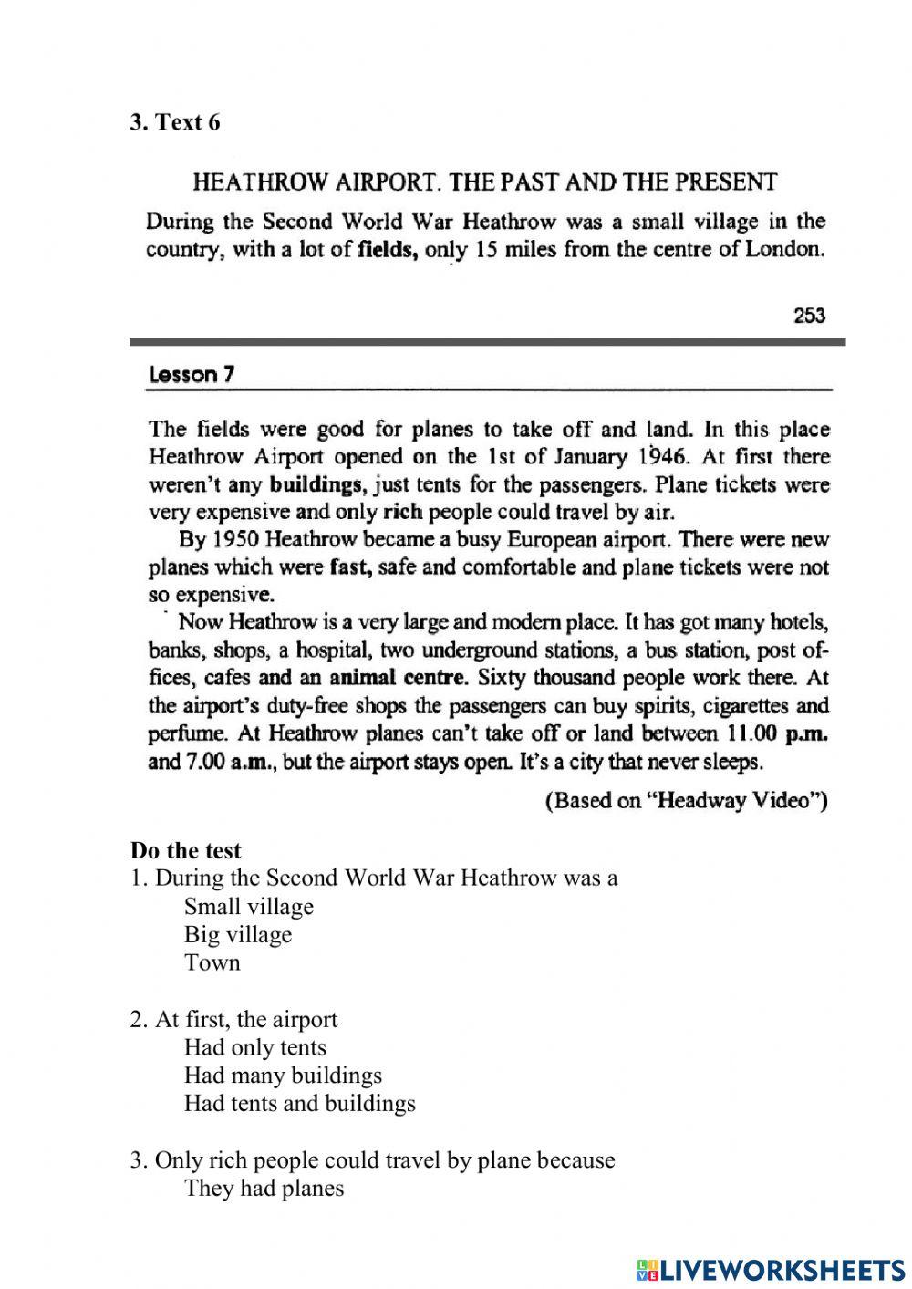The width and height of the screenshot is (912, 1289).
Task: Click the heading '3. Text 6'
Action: (x=175, y=122)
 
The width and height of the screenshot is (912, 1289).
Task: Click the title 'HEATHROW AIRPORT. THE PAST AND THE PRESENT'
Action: (x=484, y=182)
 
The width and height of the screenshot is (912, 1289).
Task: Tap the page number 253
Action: (x=808, y=316)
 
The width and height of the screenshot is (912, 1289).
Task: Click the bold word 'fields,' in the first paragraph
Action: (x=388, y=250)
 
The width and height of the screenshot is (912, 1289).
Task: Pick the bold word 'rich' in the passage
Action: (x=402, y=512)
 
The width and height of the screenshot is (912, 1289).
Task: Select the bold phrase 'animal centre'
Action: (x=397, y=678)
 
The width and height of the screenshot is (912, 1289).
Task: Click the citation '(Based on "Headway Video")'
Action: (x=685, y=801)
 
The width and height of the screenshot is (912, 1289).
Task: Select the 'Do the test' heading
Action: (x=186, y=850)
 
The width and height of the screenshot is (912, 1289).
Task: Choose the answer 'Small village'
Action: (x=248, y=907)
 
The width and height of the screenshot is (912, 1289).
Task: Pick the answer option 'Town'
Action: (x=212, y=962)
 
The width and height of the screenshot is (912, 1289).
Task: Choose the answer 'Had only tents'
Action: (x=254, y=1047)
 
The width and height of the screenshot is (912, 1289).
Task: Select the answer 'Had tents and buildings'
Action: (x=299, y=1104)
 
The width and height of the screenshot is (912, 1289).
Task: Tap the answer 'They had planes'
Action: (x=264, y=1189)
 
